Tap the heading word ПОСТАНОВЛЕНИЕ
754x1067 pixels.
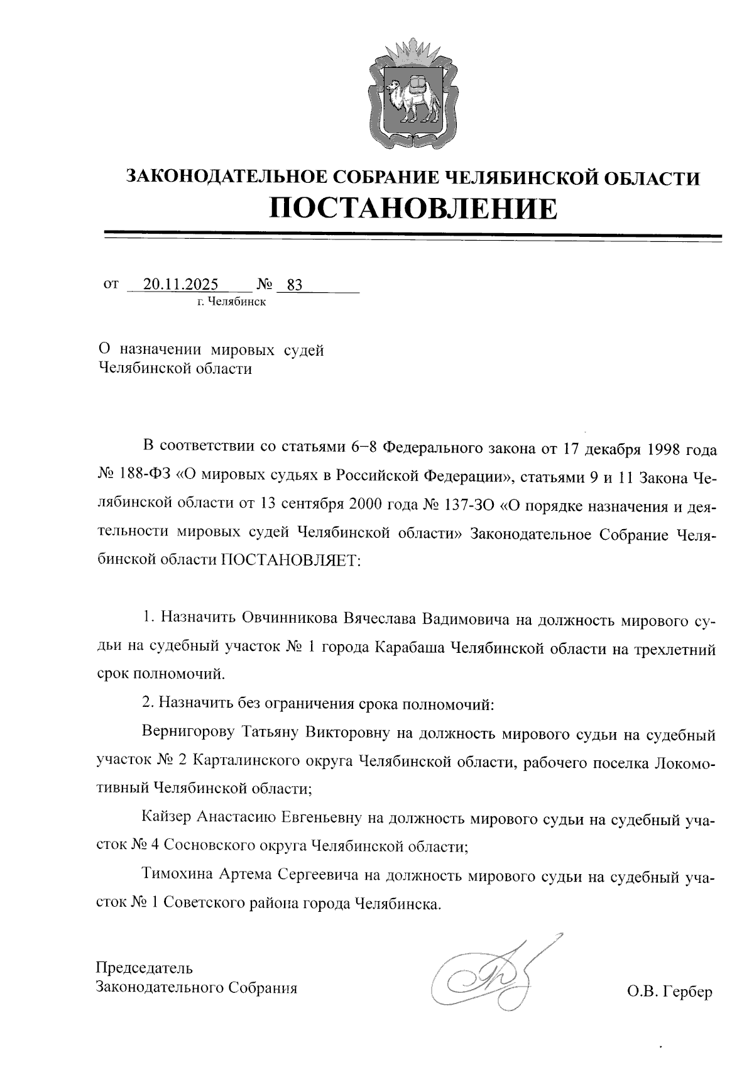[x=413, y=209]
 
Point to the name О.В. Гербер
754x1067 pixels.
[x=670, y=992]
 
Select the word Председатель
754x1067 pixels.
[x=145, y=968]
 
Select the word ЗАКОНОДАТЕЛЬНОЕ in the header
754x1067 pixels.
[x=221, y=177]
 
